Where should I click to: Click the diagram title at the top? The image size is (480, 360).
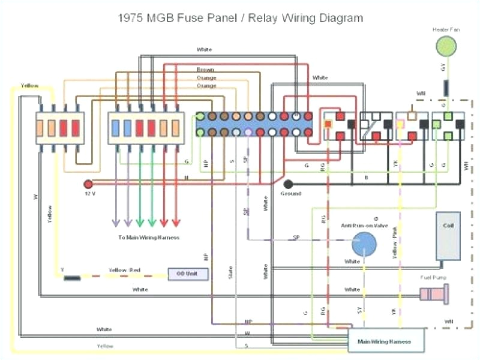click(x=239, y=18)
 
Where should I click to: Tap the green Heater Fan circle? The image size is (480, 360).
click(x=445, y=45)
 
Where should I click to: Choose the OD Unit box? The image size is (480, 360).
click(x=188, y=274)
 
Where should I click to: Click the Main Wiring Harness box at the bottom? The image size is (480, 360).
click(x=384, y=341)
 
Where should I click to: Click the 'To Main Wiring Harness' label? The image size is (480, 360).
click(x=148, y=238)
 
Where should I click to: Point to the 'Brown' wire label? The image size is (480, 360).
click(x=205, y=70)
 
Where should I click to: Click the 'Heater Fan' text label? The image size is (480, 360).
click(x=445, y=28)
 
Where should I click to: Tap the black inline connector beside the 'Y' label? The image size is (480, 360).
click(x=73, y=278)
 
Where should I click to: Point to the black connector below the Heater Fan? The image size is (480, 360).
click(x=446, y=88)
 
